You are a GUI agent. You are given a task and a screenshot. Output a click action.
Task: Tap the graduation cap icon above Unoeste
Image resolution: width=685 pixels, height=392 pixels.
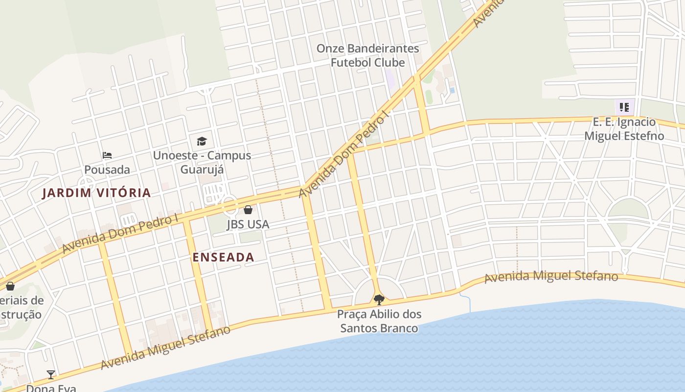[x=202, y=142]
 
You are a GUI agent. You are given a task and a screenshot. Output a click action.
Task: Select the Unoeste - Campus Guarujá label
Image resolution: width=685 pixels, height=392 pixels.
[x=202, y=162]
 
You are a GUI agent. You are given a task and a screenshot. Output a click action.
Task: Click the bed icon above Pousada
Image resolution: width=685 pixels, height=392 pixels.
[x=107, y=155]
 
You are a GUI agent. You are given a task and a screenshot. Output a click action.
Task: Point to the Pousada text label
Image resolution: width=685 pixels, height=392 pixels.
[x=107, y=170]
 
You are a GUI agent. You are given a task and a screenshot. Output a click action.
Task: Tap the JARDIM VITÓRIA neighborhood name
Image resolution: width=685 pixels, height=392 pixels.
[x=96, y=193]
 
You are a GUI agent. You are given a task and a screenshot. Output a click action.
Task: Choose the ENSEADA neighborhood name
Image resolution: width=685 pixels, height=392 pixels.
[x=223, y=257]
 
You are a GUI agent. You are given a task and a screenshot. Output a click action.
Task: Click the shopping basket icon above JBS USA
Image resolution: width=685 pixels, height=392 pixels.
[x=248, y=210]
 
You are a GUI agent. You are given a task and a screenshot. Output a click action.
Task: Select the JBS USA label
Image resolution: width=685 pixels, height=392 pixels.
[x=248, y=224]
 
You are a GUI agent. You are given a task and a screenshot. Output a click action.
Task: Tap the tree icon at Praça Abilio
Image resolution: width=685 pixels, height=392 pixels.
[x=379, y=299]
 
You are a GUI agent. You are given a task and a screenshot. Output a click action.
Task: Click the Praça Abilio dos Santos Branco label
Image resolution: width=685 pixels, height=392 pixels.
[x=379, y=321]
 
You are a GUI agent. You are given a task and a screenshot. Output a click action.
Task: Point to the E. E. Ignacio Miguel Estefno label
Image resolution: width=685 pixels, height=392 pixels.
[x=624, y=129]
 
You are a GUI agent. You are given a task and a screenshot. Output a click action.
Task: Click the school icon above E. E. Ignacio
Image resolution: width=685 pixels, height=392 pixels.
[x=624, y=107]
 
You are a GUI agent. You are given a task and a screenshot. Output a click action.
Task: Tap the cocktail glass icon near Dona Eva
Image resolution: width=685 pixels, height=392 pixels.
[x=51, y=375]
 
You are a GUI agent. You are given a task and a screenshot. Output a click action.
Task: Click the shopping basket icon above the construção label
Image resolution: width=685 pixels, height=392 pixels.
[x=10, y=286]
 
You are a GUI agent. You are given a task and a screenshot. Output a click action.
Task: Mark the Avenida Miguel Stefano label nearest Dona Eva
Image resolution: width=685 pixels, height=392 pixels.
[x=165, y=348]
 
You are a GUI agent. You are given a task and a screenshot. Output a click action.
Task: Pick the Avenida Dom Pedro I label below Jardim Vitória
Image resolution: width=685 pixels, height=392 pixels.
[x=120, y=234]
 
